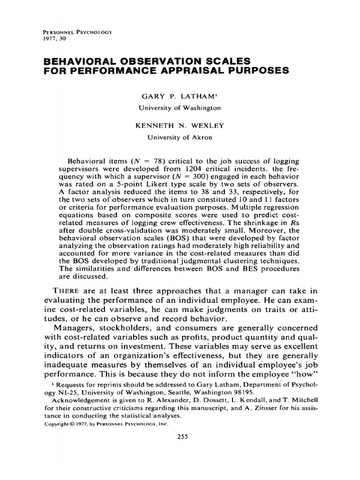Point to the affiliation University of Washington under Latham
[x=180, y=107]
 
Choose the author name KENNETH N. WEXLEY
[x=180, y=127]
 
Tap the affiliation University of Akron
[x=180, y=138]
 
